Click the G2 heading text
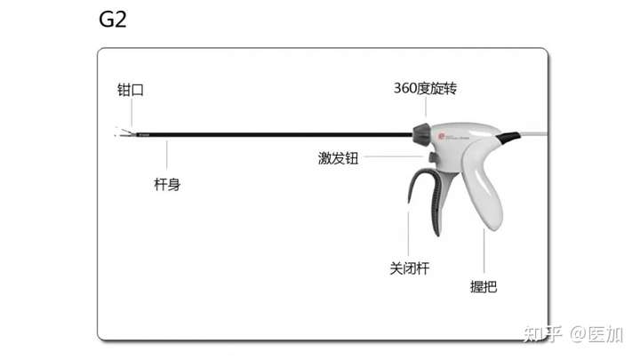[x=112, y=20]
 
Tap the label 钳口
[x=131, y=90]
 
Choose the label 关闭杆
[x=409, y=268]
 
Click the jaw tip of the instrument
[x=120, y=134]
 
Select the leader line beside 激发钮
[x=395, y=158]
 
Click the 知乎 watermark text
[x=540, y=333]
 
